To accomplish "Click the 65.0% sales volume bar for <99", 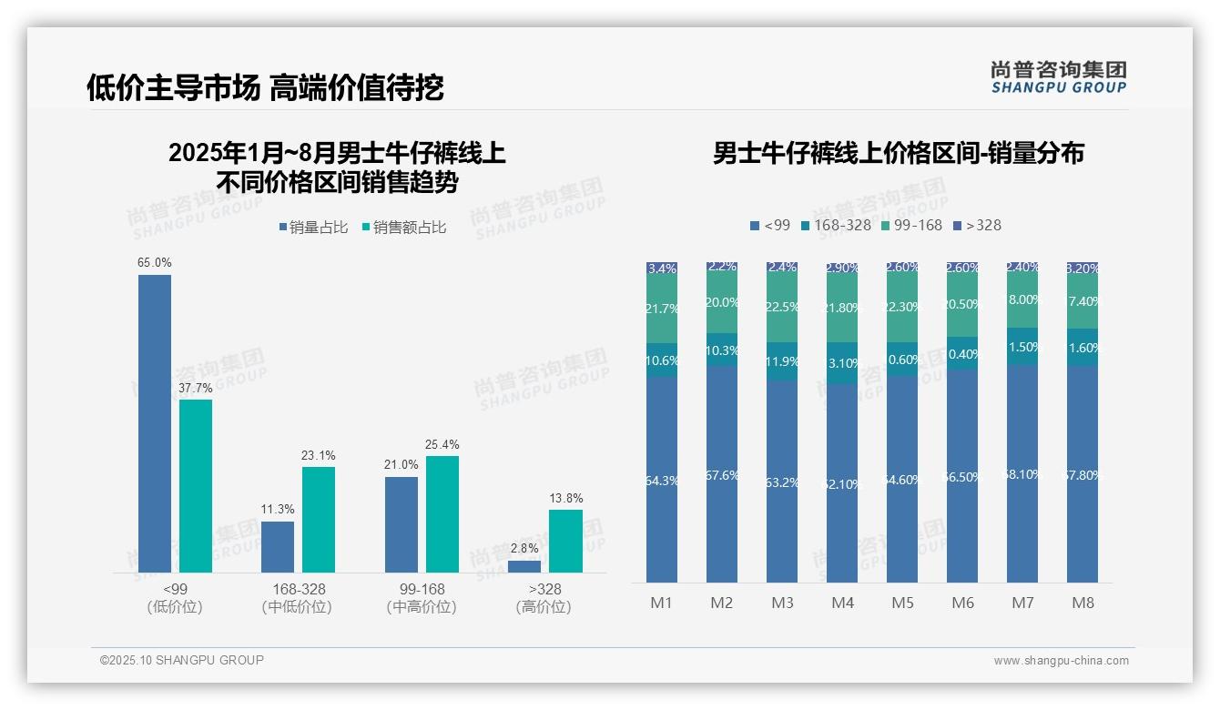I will click(x=155, y=423).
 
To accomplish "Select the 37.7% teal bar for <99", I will click(x=196, y=486).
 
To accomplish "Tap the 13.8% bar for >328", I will click(x=565, y=541).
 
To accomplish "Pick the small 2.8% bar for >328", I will click(x=524, y=566).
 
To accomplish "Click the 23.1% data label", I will click(x=319, y=455).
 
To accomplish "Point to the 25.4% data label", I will click(x=442, y=444).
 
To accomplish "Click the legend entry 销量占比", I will click(x=313, y=228).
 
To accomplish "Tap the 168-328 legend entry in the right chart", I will click(x=835, y=225).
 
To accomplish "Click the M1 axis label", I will click(x=661, y=603).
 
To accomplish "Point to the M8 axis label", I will click(x=1083, y=603).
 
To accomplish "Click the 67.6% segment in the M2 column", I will click(x=722, y=474).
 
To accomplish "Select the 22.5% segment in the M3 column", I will click(x=782, y=307).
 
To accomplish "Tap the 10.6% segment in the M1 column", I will click(x=662, y=360).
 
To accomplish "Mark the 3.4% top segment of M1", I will click(x=662, y=269).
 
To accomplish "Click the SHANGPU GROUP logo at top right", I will click(x=1058, y=77).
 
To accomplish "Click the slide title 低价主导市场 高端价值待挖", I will click(x=265, y=87).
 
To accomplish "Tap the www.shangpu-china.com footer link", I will click(x=1061, y=661).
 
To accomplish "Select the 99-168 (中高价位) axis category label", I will click(x=422, y=598).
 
